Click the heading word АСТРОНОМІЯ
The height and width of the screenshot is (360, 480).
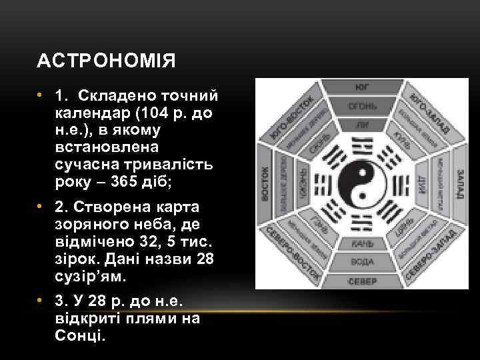[x=107, y=62]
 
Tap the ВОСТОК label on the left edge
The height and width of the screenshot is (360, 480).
[x=265, y=185]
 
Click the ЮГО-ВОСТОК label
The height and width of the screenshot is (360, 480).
[x=293, y=117]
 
